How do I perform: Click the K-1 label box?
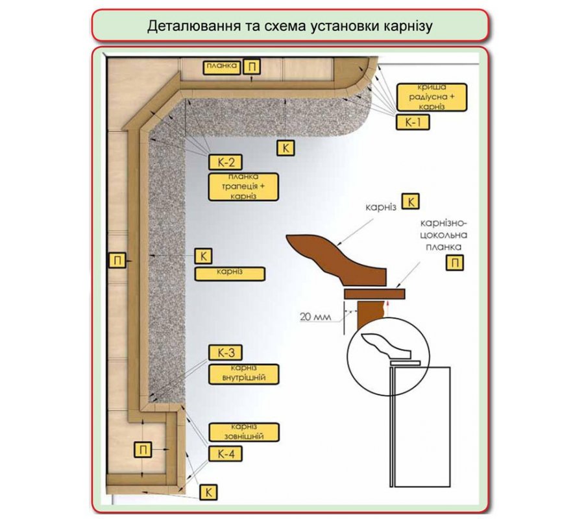[412, 122]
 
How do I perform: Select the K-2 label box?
[225, 162]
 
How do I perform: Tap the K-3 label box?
[225, 352]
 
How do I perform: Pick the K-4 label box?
[225, 454]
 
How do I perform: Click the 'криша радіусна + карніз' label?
[432, 97]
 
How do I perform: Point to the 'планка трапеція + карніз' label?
[243, 187]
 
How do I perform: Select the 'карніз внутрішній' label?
[243, 374]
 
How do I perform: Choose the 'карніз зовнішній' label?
[243, 432]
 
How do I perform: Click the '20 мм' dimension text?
[315, 317]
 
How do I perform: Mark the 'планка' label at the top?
[222, 67]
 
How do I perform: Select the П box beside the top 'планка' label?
[251, 67]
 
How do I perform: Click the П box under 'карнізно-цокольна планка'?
[455, 263]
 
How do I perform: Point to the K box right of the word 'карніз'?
[411, 202]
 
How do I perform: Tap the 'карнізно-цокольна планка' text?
[444, 235]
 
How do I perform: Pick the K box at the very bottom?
[208, 492]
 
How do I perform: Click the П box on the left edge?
[117, 260]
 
